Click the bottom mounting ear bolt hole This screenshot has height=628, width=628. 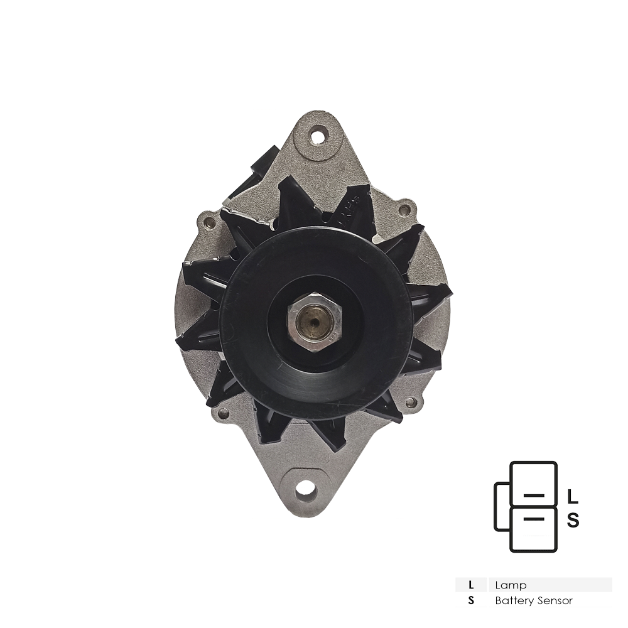point(306,489)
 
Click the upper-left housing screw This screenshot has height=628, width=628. point(207,220)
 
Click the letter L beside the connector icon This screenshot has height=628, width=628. point(573,497)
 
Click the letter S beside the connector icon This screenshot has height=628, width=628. point(573,520)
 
